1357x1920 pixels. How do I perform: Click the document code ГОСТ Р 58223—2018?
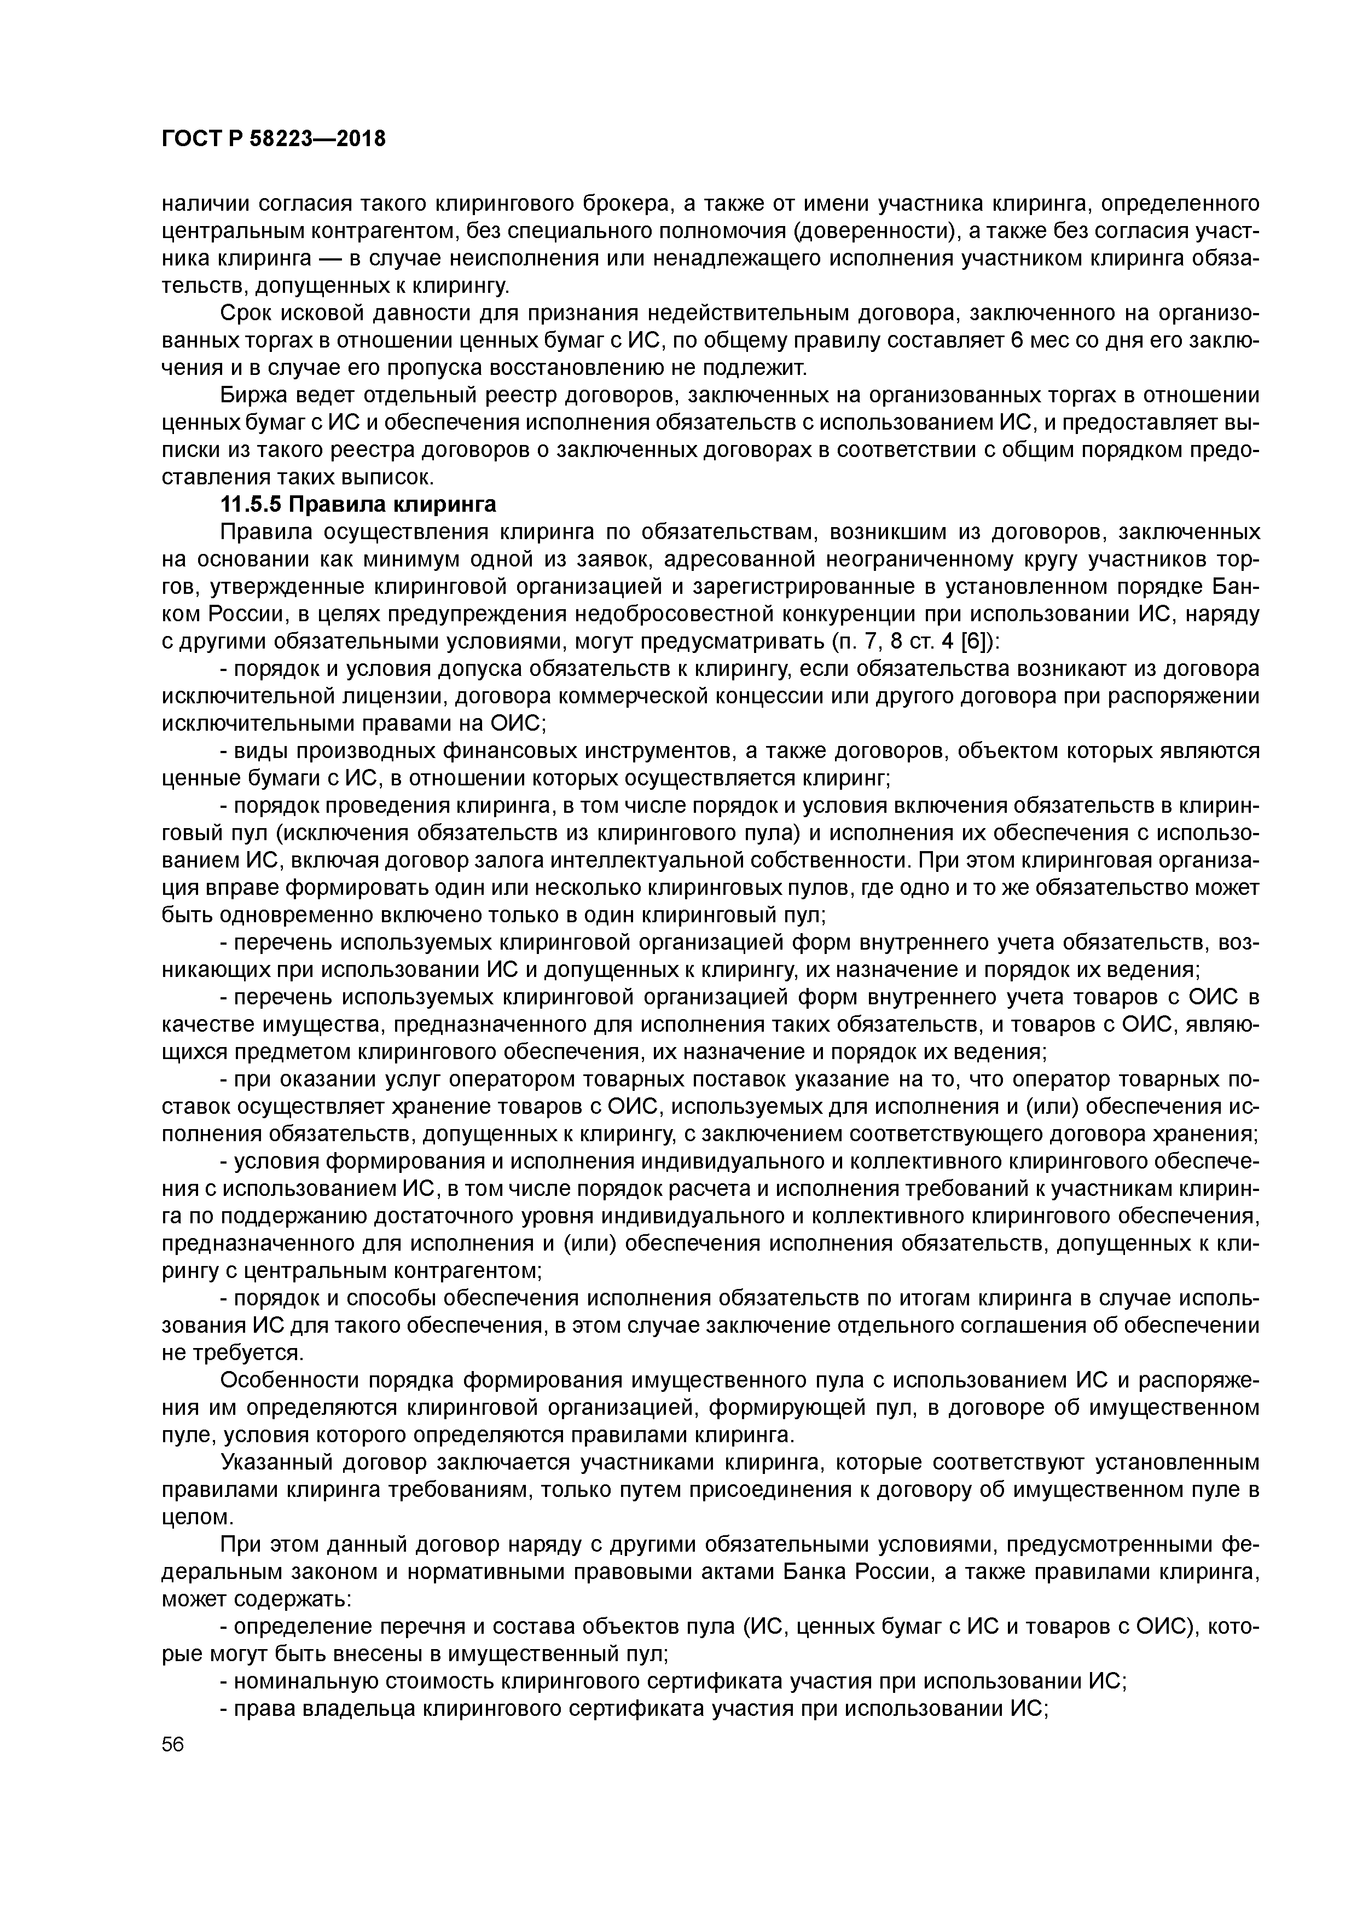274,140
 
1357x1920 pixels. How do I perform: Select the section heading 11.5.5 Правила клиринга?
358,505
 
